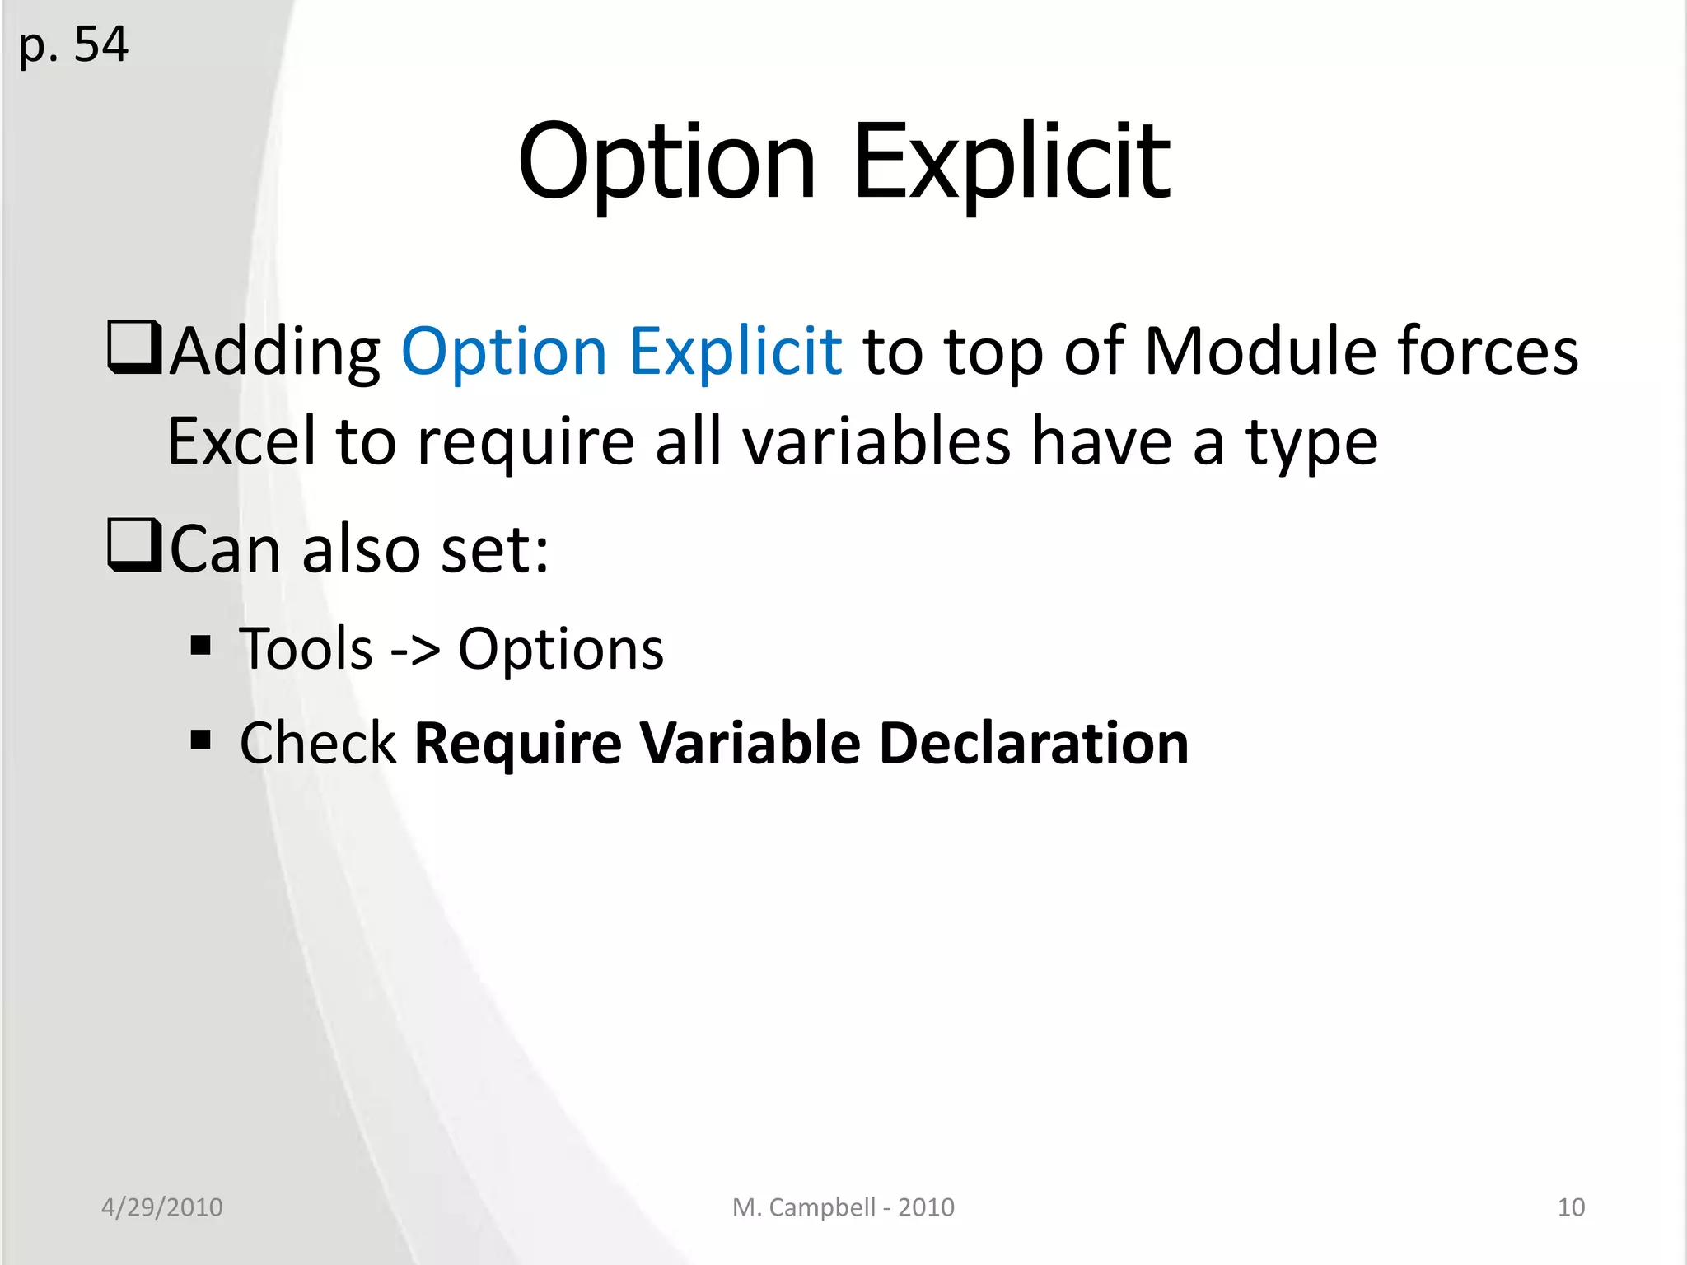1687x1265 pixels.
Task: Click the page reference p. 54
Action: coord(73,44)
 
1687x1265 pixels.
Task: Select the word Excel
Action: coord(241,441)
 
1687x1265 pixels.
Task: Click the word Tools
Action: coord(306,649)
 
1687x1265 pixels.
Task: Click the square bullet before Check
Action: coord(200,740)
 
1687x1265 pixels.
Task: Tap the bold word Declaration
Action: coord(1034,743)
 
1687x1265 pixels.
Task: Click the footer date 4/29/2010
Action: coord(161,1207)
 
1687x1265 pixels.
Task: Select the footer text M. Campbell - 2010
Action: coord(843,1207)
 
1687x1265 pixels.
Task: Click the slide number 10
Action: coord(1571,1207)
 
